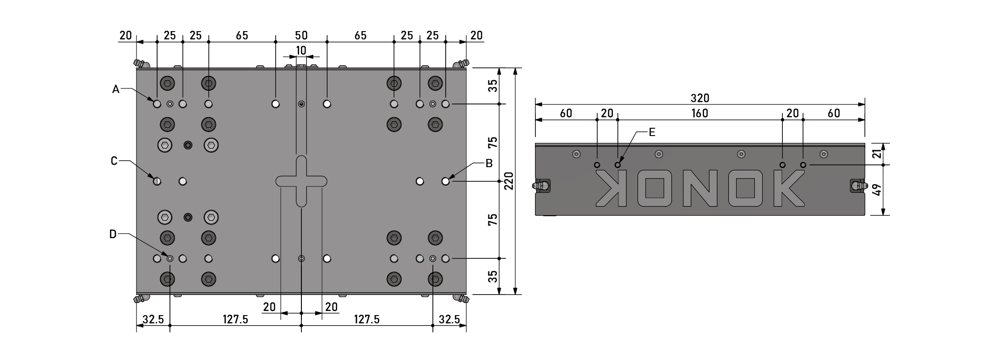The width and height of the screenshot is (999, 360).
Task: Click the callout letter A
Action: click(x=116, y=90)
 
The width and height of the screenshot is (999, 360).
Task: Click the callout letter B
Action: click(x=489, y=163)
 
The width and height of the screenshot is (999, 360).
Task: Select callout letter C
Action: click(x=115, y=161)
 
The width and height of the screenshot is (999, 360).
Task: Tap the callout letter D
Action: click(x=113, y=235)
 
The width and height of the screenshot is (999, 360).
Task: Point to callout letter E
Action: click(x=652, y=132)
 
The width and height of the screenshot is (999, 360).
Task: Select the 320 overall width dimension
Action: click(x=699, y=98)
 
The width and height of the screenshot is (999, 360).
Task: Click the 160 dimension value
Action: click(x=699, y=113)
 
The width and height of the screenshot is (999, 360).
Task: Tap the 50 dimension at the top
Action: click(x=301, y=35)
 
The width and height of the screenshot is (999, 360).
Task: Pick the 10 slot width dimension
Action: click(x=301, y=50)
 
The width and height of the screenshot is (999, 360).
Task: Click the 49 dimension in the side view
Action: click(x=877, y=190)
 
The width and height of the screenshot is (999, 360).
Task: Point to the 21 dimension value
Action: click(x=877, y=153)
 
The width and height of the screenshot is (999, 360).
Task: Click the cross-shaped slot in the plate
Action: click(x=301, y=181)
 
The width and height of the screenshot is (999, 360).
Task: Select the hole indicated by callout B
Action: click(x=445, y=181)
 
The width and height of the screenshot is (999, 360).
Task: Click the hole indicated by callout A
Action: click(x=157, y=104)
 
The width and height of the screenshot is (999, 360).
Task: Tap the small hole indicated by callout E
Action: click(x=617, y=165)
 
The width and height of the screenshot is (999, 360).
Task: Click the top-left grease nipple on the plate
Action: click(x=139, y=63)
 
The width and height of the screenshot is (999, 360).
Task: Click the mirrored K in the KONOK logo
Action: click(x=611, y=188)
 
